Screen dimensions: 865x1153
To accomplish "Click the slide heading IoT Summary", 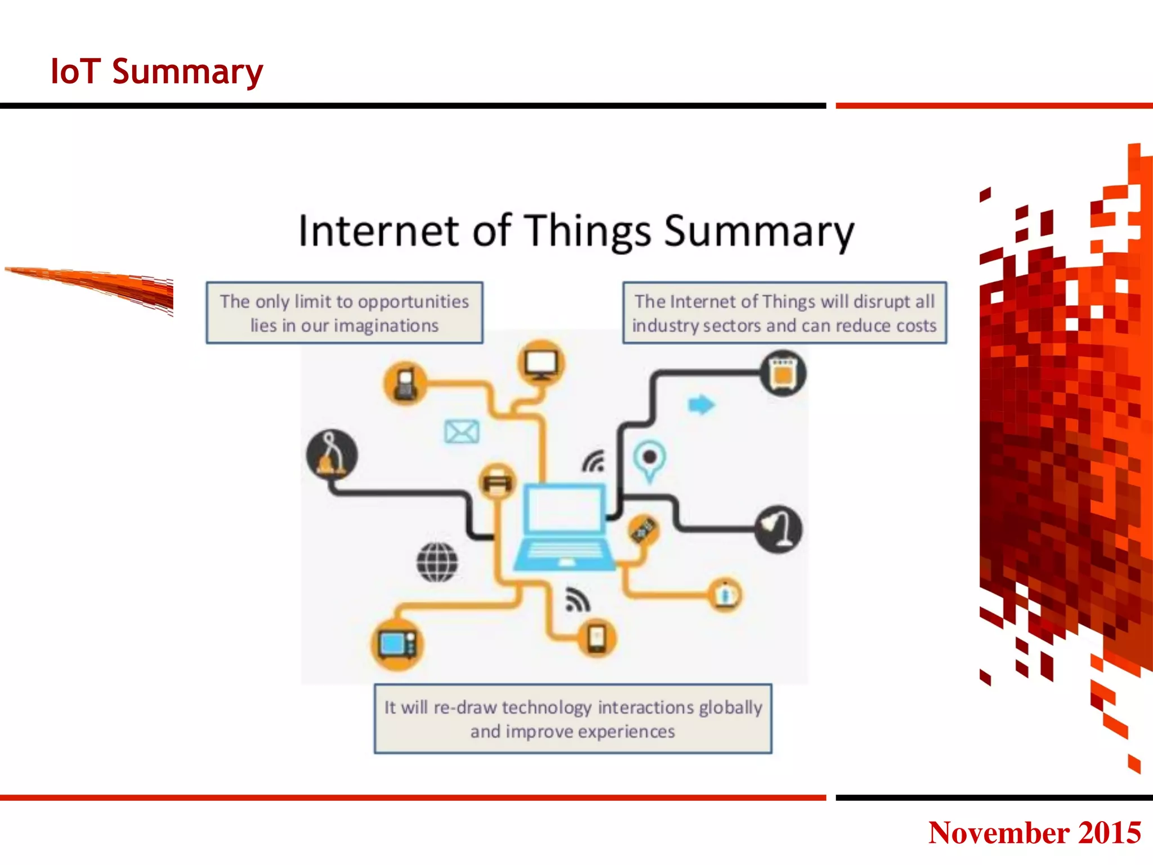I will click(x=157, y=72).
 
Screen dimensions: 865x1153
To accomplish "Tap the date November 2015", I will click(x=1034, y=832).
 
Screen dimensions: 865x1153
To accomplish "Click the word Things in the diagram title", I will click(x=589, y=231).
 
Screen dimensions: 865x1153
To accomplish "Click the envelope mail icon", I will click(x=462, y=432).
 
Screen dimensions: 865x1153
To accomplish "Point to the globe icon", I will click(x=437, y=562).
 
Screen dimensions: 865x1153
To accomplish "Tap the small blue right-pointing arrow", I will click(x=701, y=404).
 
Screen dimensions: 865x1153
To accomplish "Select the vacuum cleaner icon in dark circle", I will click(x=332, y=454).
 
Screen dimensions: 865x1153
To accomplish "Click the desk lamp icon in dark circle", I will click(x=779, y=529).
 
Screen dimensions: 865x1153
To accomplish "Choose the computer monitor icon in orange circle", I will click(x=541, y=363).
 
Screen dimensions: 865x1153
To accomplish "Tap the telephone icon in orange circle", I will click(x=405, y=384).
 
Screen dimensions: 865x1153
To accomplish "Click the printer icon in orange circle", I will click(x=497, y=482).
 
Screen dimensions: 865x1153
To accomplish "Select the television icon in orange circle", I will click(x=397, y=644).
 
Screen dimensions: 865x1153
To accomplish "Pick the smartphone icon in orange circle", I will click(x=597, y=639).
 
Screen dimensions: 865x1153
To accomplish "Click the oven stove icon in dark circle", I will click(x=783, y=373).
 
